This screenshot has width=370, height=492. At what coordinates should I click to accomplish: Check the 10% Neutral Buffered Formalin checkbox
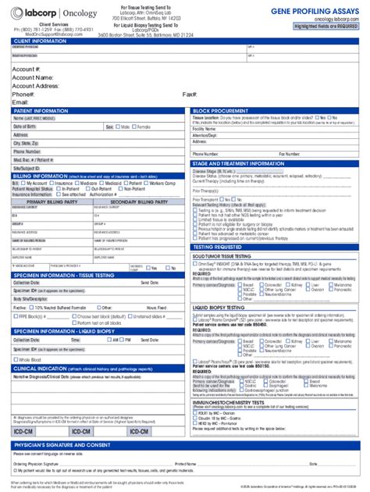tap(31, 287)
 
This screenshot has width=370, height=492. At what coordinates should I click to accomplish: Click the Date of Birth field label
tap(24, 127)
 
